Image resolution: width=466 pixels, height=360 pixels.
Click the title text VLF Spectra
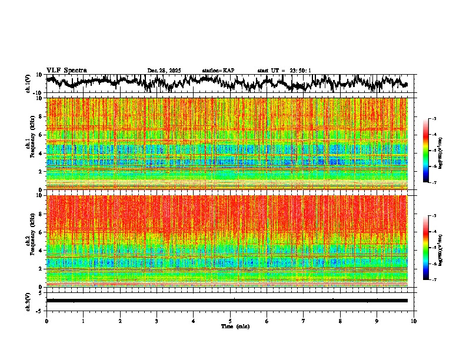pos(66,71)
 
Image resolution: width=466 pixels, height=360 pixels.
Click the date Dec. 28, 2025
pos(164,71)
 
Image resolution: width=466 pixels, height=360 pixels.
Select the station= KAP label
pos(218,71)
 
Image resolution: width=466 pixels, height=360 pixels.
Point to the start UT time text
pos(284,71)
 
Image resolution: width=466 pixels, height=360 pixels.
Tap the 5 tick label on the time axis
pos(230,321)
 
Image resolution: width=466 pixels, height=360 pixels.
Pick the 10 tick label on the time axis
pos(414,321)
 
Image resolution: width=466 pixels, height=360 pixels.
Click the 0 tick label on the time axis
pos(46,321)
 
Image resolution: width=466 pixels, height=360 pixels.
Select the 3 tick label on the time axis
pos(157,321)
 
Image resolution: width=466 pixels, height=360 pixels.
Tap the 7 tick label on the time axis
pos(304,321)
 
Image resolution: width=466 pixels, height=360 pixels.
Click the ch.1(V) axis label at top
pos(28,84)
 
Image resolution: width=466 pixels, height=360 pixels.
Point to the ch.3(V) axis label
pos(28,301)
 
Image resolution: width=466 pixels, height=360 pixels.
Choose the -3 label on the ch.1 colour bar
pos(434,119)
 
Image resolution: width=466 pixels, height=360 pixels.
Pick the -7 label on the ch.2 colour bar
pos(434,280)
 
